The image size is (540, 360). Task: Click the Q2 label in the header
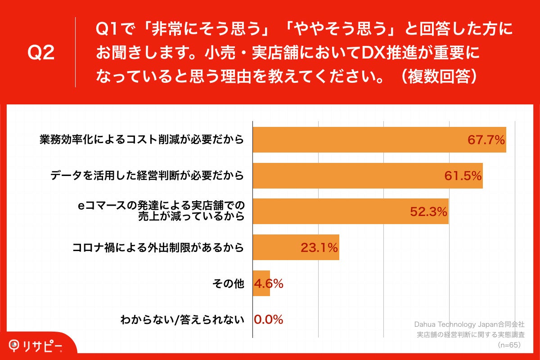tap(41, 53)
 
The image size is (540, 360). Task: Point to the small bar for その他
tap(261, 283)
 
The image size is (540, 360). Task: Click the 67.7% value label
tap(486, 140)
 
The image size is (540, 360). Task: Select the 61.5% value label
tap(463, 176)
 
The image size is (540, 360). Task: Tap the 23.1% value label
tap(319, 247)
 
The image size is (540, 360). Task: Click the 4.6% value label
tap(269, 283)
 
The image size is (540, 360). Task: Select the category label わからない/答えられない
tap(182, 320)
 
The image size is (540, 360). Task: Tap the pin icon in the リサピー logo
tap(15, 346)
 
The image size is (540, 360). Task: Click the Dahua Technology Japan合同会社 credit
tap(469, 324)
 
